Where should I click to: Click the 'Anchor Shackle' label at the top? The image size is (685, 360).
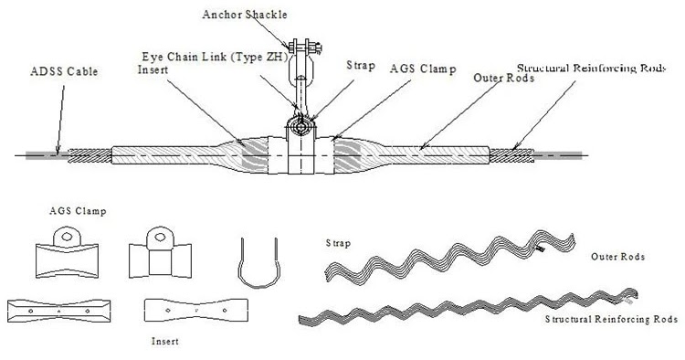[x=245, y=15]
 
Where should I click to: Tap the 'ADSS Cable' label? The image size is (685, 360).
[x=64, y=71]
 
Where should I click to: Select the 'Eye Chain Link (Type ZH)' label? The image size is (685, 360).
[x=216, y=58]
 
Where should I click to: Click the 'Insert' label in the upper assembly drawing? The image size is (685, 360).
[x=153, y=70]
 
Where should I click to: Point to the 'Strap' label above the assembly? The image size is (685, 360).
[x=361, y=66]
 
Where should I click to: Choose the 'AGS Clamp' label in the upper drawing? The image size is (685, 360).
[x=423, y=69]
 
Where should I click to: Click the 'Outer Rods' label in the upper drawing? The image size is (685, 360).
[x=503, y=79]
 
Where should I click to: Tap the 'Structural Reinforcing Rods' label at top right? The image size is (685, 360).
[x=591, y=69]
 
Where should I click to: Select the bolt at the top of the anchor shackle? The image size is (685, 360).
[x=305, y=46]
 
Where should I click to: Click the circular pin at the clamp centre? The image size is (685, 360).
[x=301, y=128]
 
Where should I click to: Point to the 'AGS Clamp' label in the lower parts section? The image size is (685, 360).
[x=78, y=211]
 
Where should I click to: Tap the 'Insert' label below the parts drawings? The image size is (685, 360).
[x=165, y=341]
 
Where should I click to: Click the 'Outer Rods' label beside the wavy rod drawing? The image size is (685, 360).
[x=617, y=257]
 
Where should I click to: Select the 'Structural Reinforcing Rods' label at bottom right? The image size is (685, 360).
[x=611, y=319]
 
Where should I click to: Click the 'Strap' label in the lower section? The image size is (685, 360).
[x=338, y=243]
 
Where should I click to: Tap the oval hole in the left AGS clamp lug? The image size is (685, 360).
[x=67, y=237]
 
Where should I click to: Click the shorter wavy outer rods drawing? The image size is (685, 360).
[x=450, y=257]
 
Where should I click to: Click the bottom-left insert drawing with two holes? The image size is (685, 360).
[x=59, y=311]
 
